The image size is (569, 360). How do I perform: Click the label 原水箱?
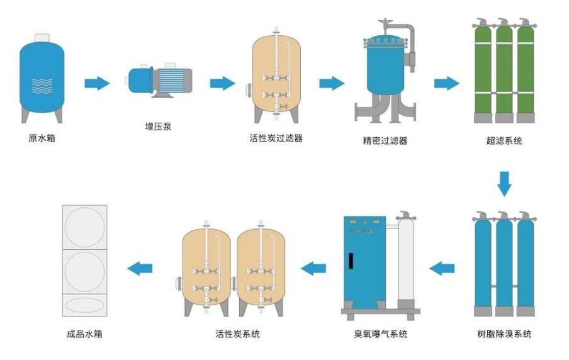[x=42, y=138]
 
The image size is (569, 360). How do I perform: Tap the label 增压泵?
[x=158, y=127]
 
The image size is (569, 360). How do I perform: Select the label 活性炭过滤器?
[x=276, y=138]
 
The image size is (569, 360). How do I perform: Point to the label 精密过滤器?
[x=381, y=141]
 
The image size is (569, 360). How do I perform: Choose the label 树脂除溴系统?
[x=504, y=334]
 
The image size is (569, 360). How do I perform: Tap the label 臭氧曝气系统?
[x=381, y=334]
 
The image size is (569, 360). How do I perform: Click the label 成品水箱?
[x=84, y=334]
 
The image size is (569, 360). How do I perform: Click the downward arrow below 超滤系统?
[x=504, y=183]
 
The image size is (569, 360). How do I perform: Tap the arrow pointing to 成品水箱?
[x=140, y=268]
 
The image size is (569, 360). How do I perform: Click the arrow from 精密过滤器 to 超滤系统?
[x=446, y=83]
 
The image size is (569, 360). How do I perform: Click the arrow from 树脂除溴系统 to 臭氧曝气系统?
[x=442, y=268]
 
